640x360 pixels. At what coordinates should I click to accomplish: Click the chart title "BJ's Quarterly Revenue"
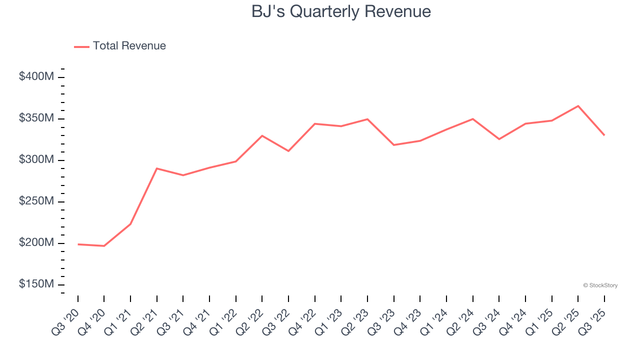point(341,11)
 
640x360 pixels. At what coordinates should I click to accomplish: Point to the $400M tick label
point(36,77)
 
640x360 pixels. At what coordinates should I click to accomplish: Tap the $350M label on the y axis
point(36,118)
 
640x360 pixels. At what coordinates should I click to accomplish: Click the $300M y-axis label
point(36,160)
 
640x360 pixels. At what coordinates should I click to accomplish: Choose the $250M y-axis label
point(36,201)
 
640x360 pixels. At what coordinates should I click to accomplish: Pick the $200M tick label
point(36,243)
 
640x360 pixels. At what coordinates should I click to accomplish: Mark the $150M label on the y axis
point(36,284)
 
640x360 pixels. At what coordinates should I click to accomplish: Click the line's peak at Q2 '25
point(578,106)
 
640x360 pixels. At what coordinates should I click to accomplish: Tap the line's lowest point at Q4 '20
point(104,246)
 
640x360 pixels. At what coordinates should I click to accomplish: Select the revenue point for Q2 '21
point(157,168)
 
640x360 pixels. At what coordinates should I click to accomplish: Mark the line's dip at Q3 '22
point(288,151)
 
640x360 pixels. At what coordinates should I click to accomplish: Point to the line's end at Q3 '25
point(604,135)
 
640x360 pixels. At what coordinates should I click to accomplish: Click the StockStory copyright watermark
point(600,285)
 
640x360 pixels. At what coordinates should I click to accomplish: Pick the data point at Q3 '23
point(394,145)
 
